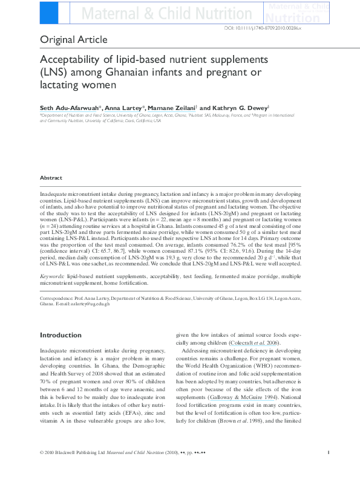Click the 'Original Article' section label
point(74,41)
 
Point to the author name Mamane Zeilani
point(172,106)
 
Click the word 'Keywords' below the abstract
point(51,275)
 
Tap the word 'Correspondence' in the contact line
point(57,298)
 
